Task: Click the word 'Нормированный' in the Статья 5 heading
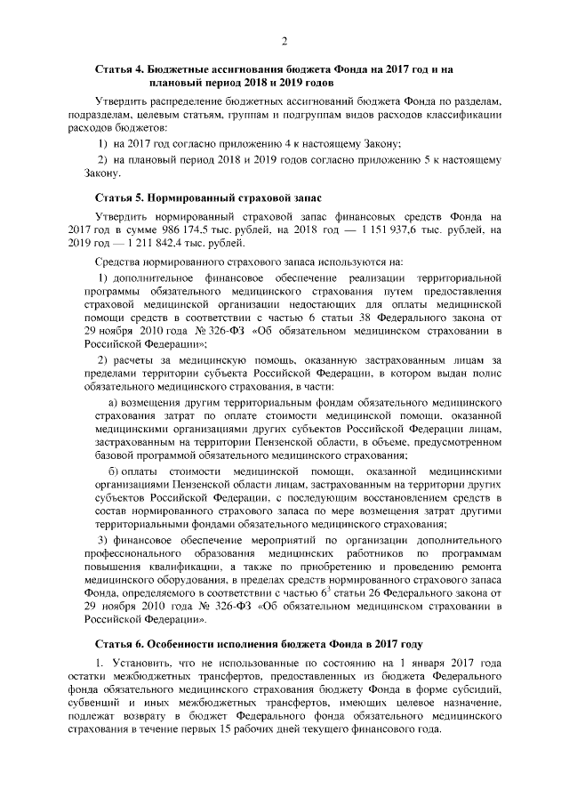click(190, 195)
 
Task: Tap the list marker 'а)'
click(114, 403)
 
